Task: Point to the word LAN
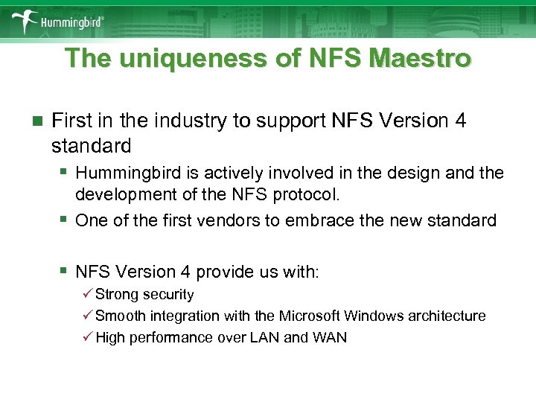coord(265,337)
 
